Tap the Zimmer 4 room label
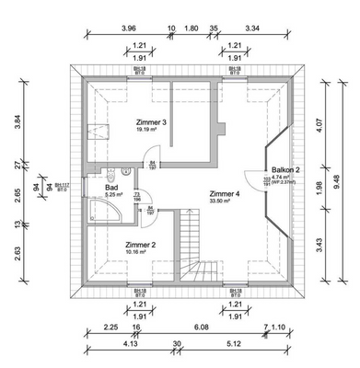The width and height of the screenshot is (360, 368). point(224,194)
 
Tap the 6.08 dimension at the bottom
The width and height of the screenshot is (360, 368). point(199,328)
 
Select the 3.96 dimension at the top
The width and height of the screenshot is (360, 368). point(128,29)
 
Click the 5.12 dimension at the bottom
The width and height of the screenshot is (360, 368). point(231,345)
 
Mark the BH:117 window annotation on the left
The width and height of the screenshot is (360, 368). point(62,187)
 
